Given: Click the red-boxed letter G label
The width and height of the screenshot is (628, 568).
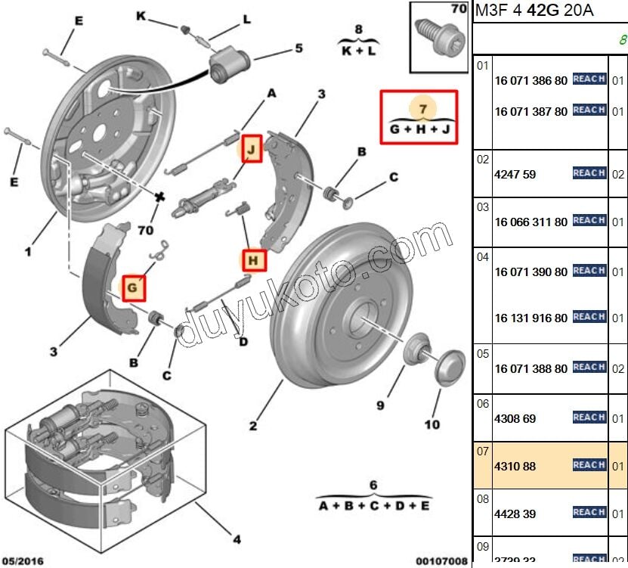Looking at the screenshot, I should (132, 288).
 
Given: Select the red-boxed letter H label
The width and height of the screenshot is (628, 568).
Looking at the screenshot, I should (254, 262).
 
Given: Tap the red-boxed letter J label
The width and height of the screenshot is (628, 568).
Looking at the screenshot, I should (251, 149).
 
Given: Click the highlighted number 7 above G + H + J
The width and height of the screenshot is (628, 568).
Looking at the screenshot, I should (423, 109).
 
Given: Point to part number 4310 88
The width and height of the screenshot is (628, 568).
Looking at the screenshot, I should (515, 467).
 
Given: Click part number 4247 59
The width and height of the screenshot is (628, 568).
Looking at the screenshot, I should (515, 175).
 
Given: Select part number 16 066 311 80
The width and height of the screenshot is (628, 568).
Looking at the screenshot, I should (531, 222).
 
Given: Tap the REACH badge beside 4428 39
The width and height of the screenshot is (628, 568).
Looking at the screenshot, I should (589, 513).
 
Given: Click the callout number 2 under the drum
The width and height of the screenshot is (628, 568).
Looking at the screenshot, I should (253, 426).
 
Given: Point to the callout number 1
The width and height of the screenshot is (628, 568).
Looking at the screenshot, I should (28, 251).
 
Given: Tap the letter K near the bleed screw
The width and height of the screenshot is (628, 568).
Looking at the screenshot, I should (141, 15).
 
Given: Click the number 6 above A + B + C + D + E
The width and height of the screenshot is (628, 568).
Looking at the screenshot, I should (373, 485).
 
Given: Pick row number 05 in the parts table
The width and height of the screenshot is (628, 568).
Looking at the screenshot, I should (482, 353).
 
